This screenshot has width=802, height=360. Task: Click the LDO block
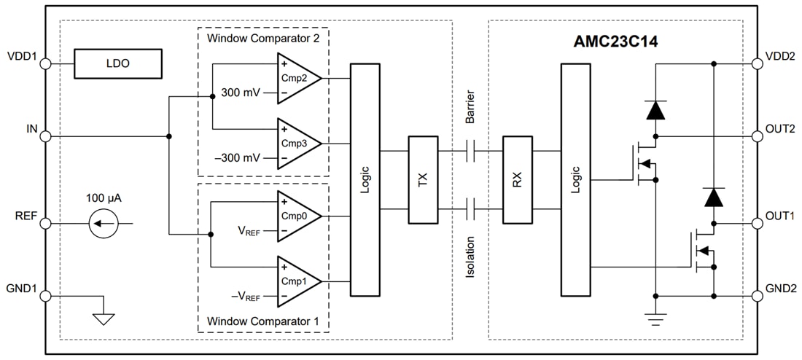point(117,64)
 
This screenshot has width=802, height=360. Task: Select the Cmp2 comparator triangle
point(295,78)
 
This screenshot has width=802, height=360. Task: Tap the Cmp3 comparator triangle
point(295,143)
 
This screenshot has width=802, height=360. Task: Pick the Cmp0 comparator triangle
point(295,216)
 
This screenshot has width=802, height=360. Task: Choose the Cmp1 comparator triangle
point(295,281)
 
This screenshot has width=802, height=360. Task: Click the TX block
point(423,180)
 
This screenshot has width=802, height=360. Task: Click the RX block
point(518,180)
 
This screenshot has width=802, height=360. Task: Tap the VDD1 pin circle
point(45,64)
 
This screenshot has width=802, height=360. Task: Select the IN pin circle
point(45,136)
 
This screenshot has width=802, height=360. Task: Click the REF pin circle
point(45,223)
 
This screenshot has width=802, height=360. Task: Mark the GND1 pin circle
point(45,296)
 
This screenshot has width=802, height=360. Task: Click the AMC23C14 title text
point(615,42)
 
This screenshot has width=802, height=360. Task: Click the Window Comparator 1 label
point(262,321)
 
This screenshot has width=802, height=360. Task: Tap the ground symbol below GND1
point(104,318)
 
